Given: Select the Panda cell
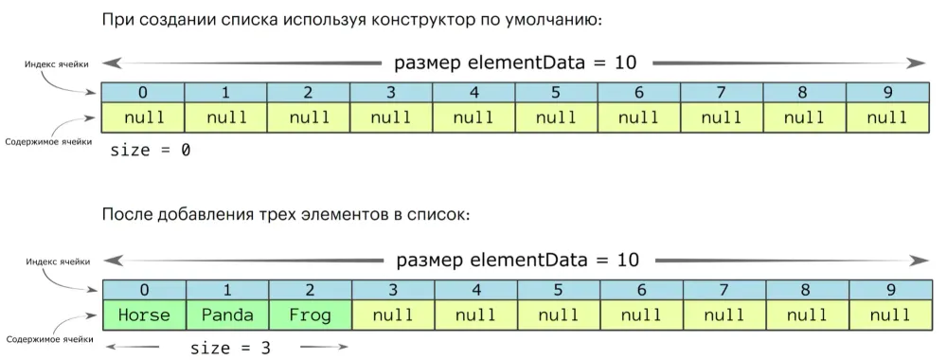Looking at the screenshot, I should pos(225,315).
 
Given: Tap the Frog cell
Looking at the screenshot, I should pos(309,315).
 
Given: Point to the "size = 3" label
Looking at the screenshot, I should pos(230,348).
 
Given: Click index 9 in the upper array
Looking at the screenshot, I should pos(887,93).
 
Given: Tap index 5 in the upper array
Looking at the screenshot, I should pos(556,93).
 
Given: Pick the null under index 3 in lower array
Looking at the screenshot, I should pos(391,315).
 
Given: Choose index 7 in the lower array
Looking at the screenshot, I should pos(722,290).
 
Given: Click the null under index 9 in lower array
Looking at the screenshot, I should pos(887,315).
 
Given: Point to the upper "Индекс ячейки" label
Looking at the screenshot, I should pos(58,64).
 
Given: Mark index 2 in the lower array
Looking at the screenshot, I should pos(309,290).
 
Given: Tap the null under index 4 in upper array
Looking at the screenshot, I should pos(473,117).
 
